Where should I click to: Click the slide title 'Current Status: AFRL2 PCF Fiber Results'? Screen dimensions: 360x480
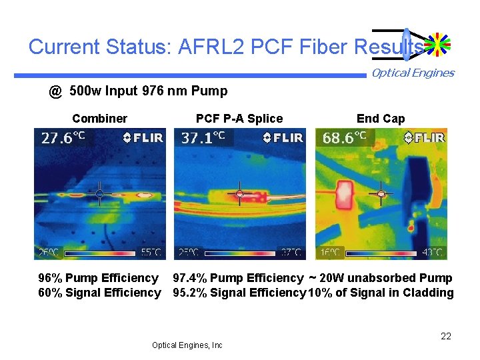coord(225,47)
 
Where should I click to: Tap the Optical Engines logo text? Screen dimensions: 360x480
coord(413,73)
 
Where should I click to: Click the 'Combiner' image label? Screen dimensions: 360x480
coord(99,119)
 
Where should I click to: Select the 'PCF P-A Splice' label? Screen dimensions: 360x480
coord(239,119)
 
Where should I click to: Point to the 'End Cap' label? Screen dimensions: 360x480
coord(380,119)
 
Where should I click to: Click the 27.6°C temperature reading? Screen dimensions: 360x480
coord(63,138)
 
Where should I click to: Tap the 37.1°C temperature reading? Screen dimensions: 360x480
coord(203,138)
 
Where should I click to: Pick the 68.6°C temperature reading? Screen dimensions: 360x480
coord(345,138)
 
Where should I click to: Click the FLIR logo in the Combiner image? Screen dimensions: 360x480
coord(143,138)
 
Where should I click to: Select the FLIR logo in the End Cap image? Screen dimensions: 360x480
coord(425,138)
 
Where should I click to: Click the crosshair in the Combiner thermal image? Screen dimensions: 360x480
coord(99,193)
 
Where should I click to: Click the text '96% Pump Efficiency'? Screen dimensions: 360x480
coord(98,278)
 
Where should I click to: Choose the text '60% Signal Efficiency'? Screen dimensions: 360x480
coord(99,293)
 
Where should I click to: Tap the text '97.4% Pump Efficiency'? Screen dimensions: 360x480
coord(238,278)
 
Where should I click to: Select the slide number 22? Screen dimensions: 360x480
coord(446,336)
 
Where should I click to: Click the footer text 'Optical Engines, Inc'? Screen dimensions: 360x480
coord(187,345)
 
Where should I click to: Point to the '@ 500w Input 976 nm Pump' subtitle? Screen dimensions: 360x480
coord(138,91)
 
